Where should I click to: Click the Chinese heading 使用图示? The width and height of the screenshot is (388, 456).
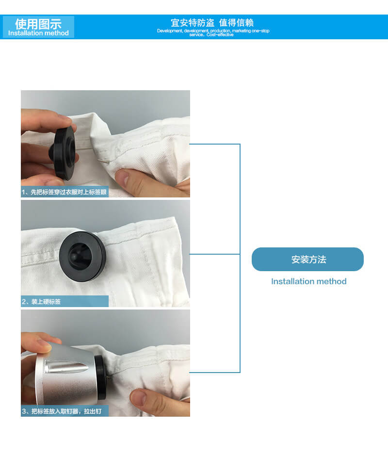tap(38, 24)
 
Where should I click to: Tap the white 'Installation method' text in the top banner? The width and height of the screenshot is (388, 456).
tap(38, 33)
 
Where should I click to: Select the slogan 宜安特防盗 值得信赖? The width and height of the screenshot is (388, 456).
tap(212, 22)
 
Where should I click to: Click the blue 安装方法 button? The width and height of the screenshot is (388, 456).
tap(307, 260)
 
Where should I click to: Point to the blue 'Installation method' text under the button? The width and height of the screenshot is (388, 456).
tap(308, 281)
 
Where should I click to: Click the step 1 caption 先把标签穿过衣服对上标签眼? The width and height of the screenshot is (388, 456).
tap(69, 192)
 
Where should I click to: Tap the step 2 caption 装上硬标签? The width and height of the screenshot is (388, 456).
tap(46, 302)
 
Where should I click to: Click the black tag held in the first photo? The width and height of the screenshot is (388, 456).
tap(63, 152)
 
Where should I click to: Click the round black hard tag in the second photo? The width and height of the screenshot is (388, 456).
tap(82, 256)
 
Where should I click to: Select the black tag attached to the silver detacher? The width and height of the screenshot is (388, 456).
tap(101, 377)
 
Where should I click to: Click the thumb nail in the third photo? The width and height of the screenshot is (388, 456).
tap(139, 397)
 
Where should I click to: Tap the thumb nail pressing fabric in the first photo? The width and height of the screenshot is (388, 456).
tap(122, 178)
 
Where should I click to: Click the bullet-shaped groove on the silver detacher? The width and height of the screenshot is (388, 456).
tap(66, 367)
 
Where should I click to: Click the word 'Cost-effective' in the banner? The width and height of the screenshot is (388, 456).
tap(220, 34)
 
